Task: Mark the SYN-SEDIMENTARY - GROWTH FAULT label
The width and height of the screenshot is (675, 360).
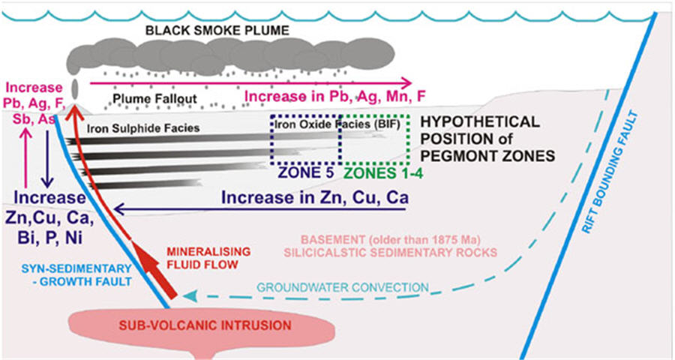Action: (x=76, y=276)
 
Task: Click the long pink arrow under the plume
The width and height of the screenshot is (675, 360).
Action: (x=247, y=82)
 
